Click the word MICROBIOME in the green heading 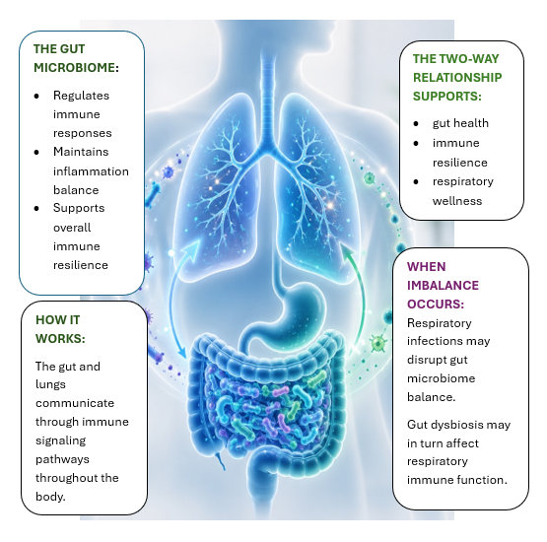pyautogui.click(x=75, y=67)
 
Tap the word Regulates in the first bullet pyautogui.click(x=81, y=96)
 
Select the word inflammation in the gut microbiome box pyautogui.click(x=91, y=171)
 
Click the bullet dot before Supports pyautogui.click(x=36, y=209)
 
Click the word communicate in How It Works pyautogui.click(x=75, y=403)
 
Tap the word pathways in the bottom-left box pyautogui.click(x=62, y=459)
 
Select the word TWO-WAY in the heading pyautogui.click(x=468, y=58)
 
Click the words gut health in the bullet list pyautogui.click(x=460, y=123)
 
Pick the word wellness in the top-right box pyautogui.click(x=457, y=201)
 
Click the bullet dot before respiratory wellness pyautogui.click(x=416, y=181)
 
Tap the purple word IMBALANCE pyautogui.click(x=443, y=286)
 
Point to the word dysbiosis pyautogui.click(x=458, y=425)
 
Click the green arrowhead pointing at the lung pyautogui.click(x=348, y=250)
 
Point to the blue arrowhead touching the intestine pyautogui.click(x=181, y=352)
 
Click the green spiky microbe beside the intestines pyautogui.click(x=378, y=343)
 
